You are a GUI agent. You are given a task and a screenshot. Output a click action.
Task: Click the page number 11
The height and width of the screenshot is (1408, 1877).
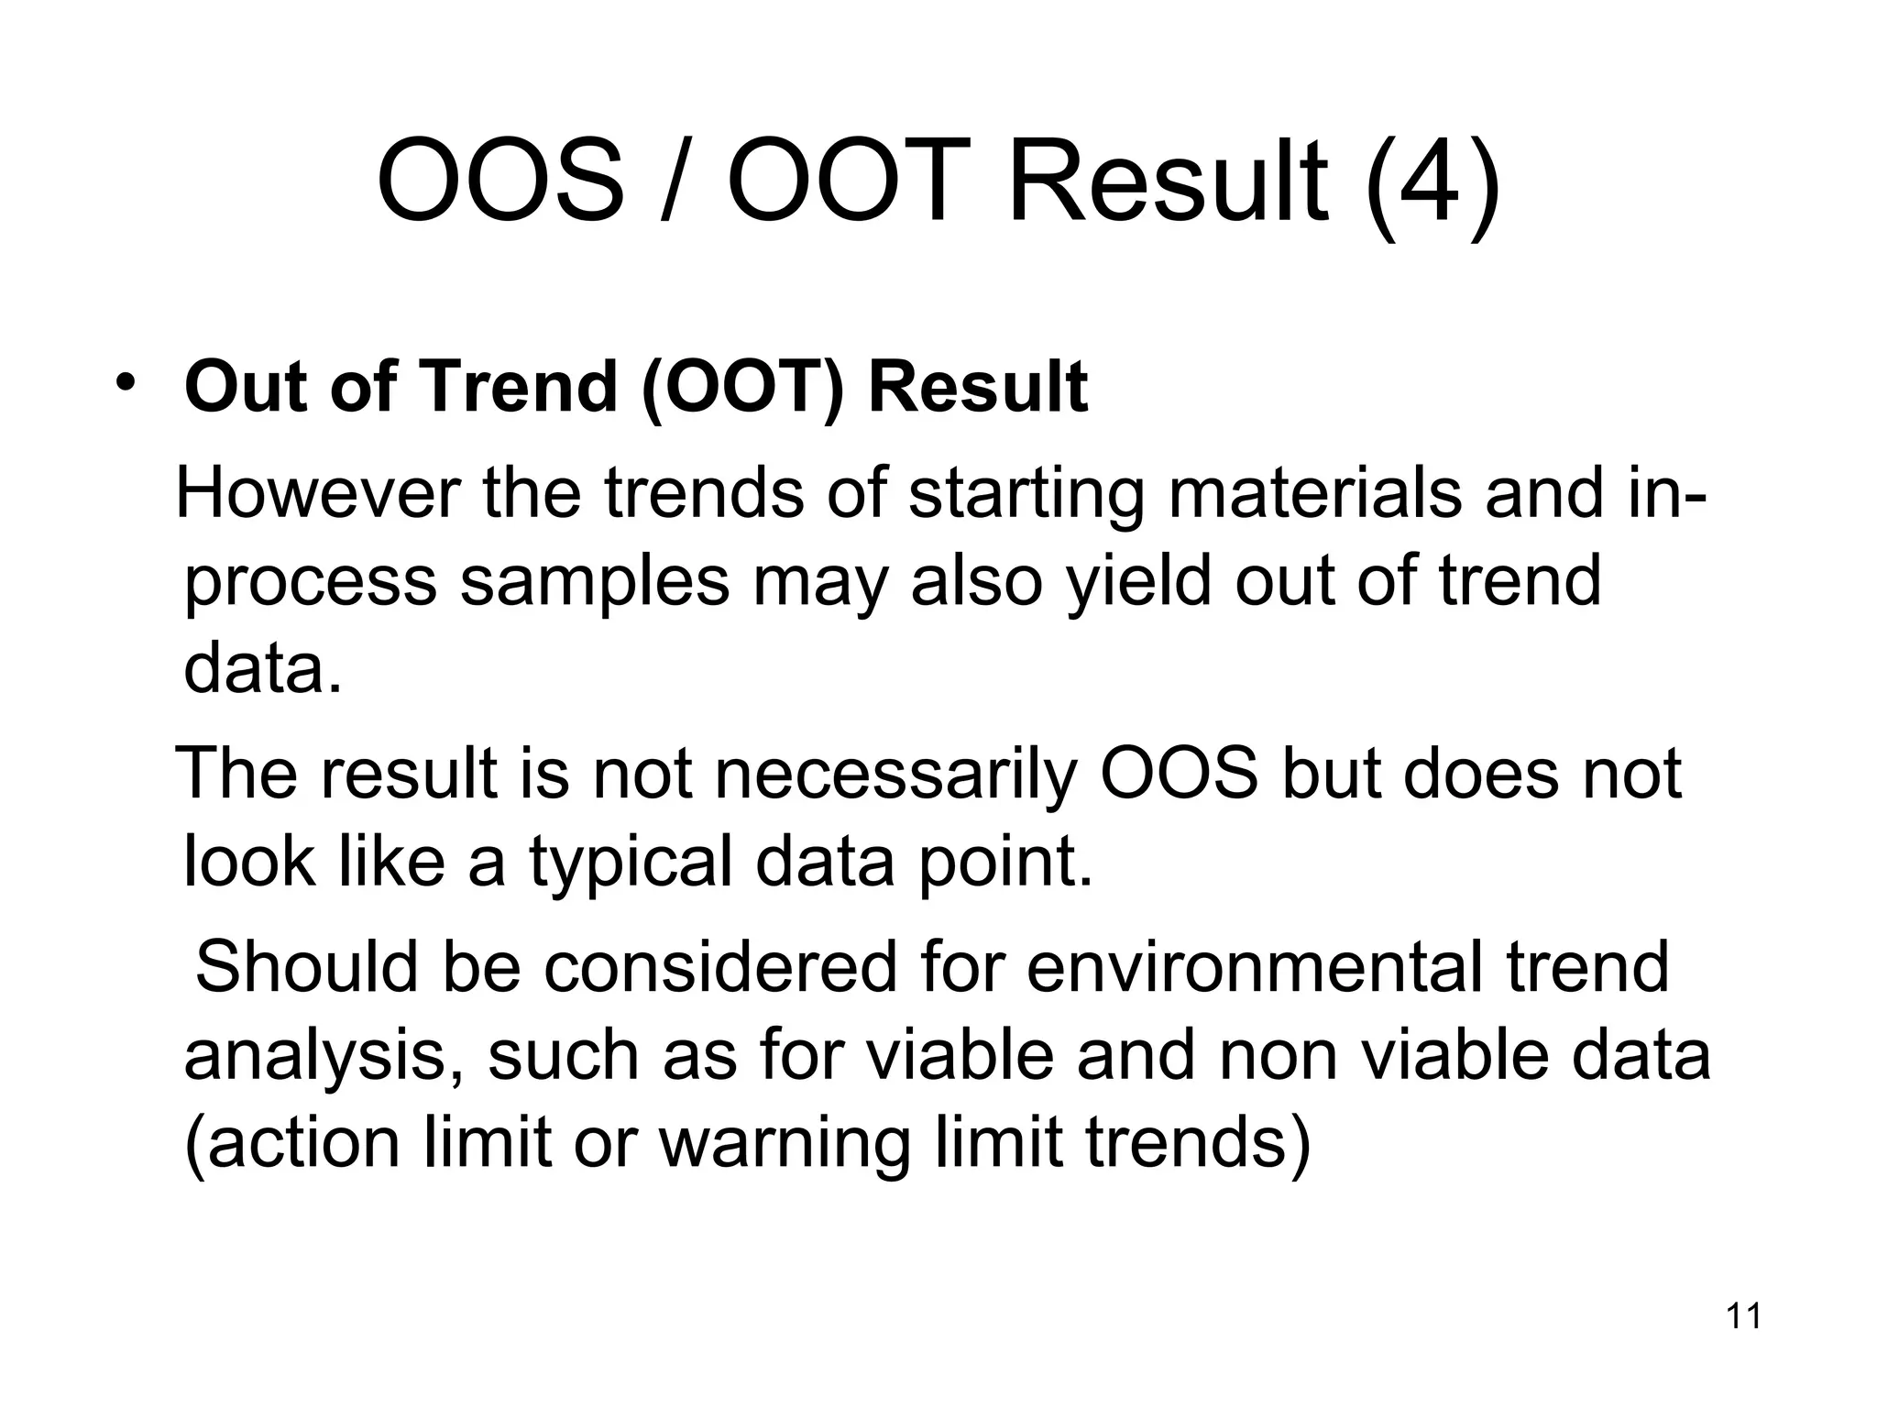click(1743, 1316)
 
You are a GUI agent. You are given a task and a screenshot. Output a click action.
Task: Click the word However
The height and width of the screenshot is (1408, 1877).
click(317, 492)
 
